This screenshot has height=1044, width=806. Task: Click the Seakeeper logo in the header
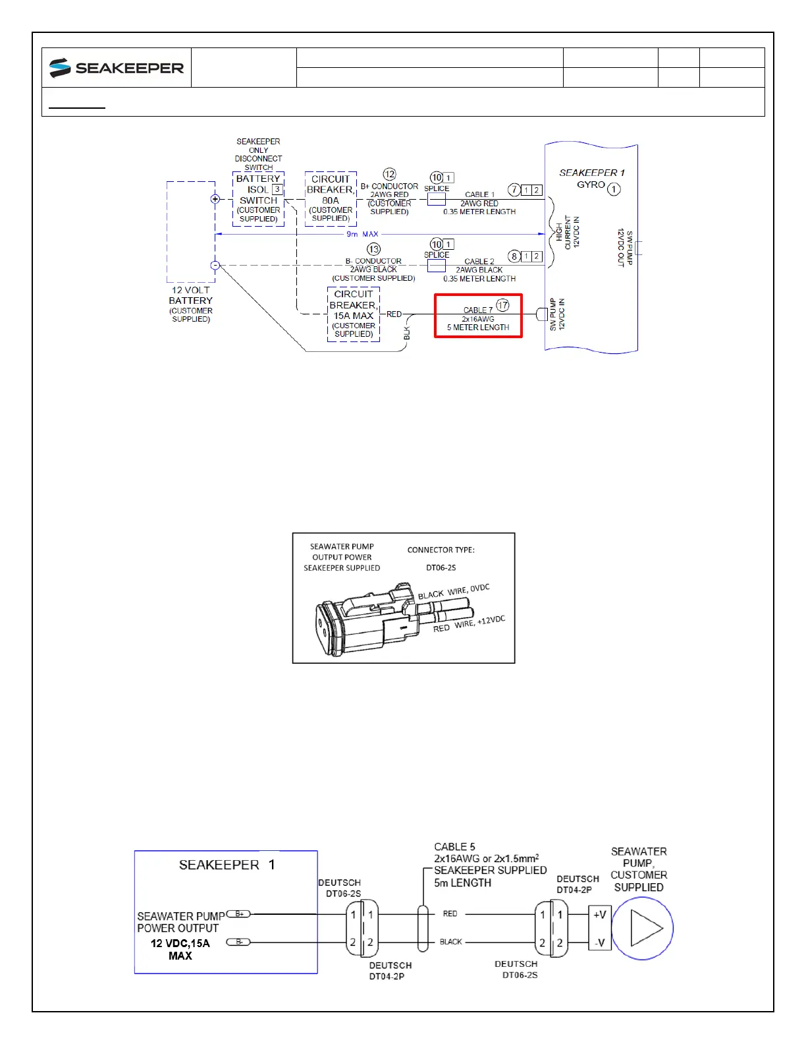point(117,68)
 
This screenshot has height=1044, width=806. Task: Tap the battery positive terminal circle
point(215,199)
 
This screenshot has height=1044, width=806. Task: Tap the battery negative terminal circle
point(215,266)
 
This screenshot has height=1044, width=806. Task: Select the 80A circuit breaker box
point(331,198)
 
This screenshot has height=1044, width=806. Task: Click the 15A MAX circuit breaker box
point(354,314)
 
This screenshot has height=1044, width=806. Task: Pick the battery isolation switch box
point(259,198)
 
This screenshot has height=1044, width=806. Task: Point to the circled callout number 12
point(390,175)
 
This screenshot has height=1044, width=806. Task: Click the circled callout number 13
point(374,249)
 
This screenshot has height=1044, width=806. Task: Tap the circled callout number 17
point(503,305)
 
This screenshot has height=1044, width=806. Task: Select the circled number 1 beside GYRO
point(614,190)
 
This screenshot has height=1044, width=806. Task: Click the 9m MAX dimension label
point(363,234)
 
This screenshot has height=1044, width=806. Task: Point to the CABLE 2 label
point(479,262)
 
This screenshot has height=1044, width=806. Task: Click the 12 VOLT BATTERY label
point(191,295)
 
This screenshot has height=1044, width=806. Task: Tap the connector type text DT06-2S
point(441,567)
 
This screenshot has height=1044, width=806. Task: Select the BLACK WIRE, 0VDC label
point(454,591)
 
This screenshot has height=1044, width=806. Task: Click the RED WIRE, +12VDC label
point(469,623)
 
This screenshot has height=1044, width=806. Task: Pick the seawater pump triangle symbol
point(645,928)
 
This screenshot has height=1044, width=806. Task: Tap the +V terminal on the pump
point(599,914)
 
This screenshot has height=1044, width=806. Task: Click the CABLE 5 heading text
point(454,847)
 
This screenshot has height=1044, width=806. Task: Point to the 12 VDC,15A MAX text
point(180,949)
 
